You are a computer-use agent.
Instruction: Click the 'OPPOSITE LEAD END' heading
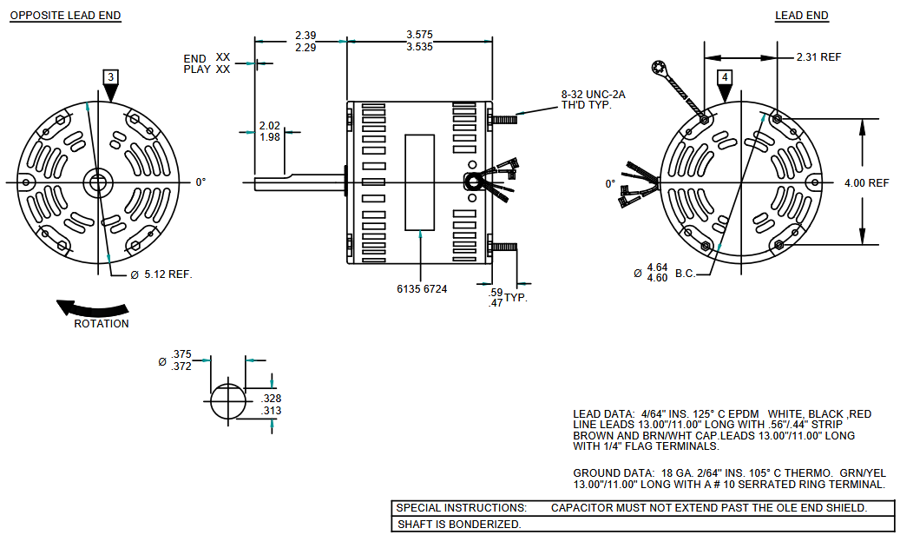click(65, 16)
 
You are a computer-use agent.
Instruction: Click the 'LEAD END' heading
click(801, 16)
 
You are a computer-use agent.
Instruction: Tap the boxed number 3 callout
click(109, 77)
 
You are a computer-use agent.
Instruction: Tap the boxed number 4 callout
click(725, 77)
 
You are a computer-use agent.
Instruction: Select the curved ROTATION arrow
click(92, 308)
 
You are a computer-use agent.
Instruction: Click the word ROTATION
click(101, 324)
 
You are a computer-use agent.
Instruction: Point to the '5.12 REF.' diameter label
click(168, 274)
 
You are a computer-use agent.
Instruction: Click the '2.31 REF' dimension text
click(818, 57)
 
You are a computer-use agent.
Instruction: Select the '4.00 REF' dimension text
click(865, 183)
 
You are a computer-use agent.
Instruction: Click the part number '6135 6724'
click(421, 289)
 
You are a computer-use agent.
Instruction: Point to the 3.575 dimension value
click(419, 35)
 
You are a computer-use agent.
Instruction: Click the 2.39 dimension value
click(305, 35)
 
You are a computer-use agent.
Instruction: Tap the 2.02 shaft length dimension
click(269, 126)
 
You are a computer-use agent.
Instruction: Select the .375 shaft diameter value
click(181, 353)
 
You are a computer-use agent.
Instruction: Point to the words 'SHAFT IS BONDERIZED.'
click(459, 525)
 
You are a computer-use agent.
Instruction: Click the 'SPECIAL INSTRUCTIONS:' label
click(461, 508)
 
